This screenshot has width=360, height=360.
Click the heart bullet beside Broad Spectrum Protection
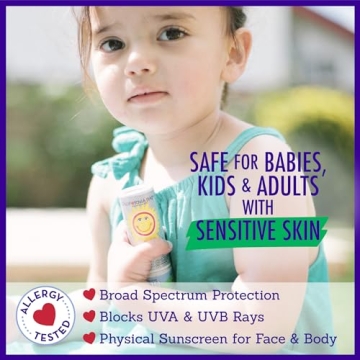point(90,295)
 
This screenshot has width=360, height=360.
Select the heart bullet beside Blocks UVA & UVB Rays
point(90,317)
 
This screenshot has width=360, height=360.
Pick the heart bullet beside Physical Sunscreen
point(90,339)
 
